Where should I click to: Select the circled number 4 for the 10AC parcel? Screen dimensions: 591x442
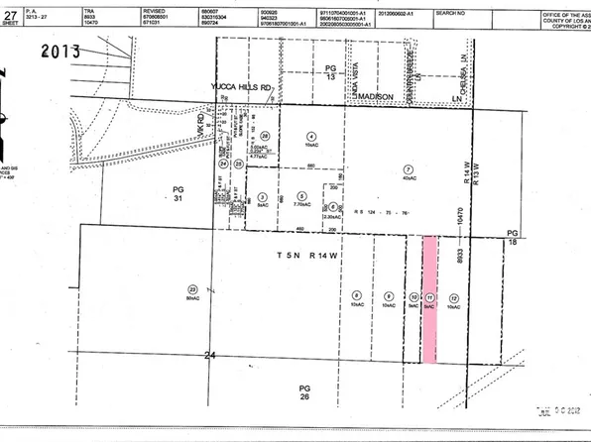(310, 136)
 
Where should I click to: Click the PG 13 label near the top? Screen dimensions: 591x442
(331, 71)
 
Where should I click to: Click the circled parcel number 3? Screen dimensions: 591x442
(261, 196)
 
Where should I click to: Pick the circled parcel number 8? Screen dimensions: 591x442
(355, 296)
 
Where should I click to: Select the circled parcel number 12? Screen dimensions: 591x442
(453, 297)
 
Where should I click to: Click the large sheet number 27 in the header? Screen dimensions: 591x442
(10, 13)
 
